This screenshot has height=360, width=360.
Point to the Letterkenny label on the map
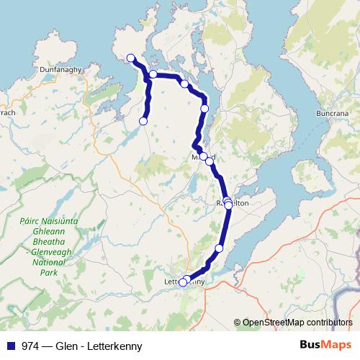pyautogui.click(x=185, y=282)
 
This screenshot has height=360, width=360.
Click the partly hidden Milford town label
pyautogui.click(x=203, y=156)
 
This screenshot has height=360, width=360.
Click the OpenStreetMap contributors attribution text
pyautogui.click(x=297, y=323)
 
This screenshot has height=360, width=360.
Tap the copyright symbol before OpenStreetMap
pyautogui.click(x=238, y=323)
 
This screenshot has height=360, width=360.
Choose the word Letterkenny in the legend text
pyautogui.click(x=114, y=346)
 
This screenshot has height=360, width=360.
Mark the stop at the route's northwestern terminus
pyautogui.click(x=131, y=58)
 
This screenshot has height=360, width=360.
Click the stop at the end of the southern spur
pyautogui.click(x=143, y=122)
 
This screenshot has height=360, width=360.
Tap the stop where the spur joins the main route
pyautogui.click(x=153, y=74)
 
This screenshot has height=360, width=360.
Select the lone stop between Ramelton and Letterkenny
pyautogui.click(x=220, y=248)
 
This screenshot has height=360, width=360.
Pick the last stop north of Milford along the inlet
pyautogui.click(x=204, y=109)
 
